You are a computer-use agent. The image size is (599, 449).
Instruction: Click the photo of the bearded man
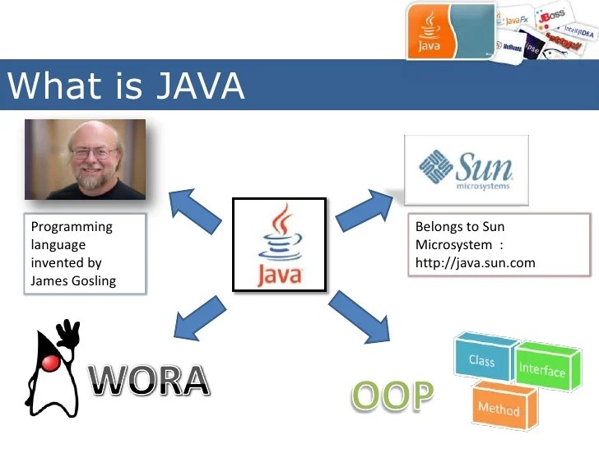tap(85, 159)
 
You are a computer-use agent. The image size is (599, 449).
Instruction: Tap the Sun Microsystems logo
tap(466, 169)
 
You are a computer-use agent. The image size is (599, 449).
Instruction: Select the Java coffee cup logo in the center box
tap(279, 244)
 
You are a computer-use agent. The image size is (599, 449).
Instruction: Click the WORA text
tap(148, 380)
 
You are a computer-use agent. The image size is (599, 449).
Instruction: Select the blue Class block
tap(482, 359)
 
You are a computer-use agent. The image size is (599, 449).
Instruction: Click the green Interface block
tap(541, 369)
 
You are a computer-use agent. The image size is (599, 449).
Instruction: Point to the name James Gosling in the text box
tap(73, 280)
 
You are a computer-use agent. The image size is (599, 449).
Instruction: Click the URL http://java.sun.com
tap(475, 262)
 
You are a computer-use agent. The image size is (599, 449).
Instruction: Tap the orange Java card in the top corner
tap(451, 30)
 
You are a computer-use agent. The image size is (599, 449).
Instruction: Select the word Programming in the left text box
tap(72, 226)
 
